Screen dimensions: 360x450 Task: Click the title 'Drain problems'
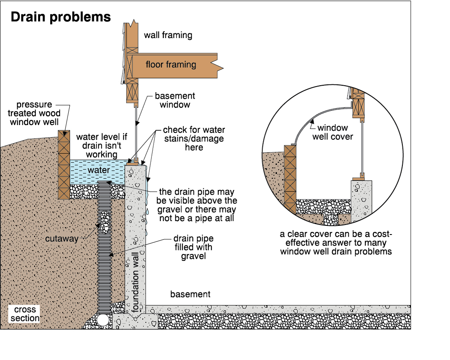[61, 17]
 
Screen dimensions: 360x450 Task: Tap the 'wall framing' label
[168, 35]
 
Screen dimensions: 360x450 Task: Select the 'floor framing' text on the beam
[171, 65]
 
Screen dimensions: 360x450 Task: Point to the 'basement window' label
[175, 100]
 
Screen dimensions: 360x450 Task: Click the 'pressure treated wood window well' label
[35, 113]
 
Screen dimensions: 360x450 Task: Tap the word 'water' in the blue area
[99, 170]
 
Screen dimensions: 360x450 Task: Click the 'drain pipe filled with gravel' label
[193, 247]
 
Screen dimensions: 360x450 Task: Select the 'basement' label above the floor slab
[190, 294]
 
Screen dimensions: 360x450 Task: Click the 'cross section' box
[25, 314]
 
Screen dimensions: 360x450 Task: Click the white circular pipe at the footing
[103, 320]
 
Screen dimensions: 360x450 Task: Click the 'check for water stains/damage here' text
[194, 138]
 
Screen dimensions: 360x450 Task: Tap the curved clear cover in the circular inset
[316, 117]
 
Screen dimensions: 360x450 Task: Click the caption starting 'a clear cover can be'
[336, 243]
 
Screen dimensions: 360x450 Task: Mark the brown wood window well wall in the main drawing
[64, 164]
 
